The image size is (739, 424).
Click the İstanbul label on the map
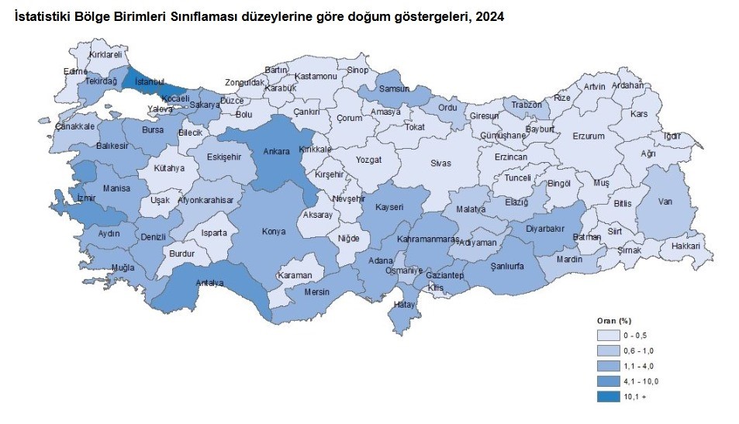click(149, 81)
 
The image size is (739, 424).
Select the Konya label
click(273, 231)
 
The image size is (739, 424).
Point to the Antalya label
click(209, 283)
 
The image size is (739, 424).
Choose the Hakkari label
click(685, 246)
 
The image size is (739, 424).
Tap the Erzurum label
click(588, 136)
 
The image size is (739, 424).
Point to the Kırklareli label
click(106, 55)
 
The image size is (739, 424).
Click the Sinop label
click(357, 70)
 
